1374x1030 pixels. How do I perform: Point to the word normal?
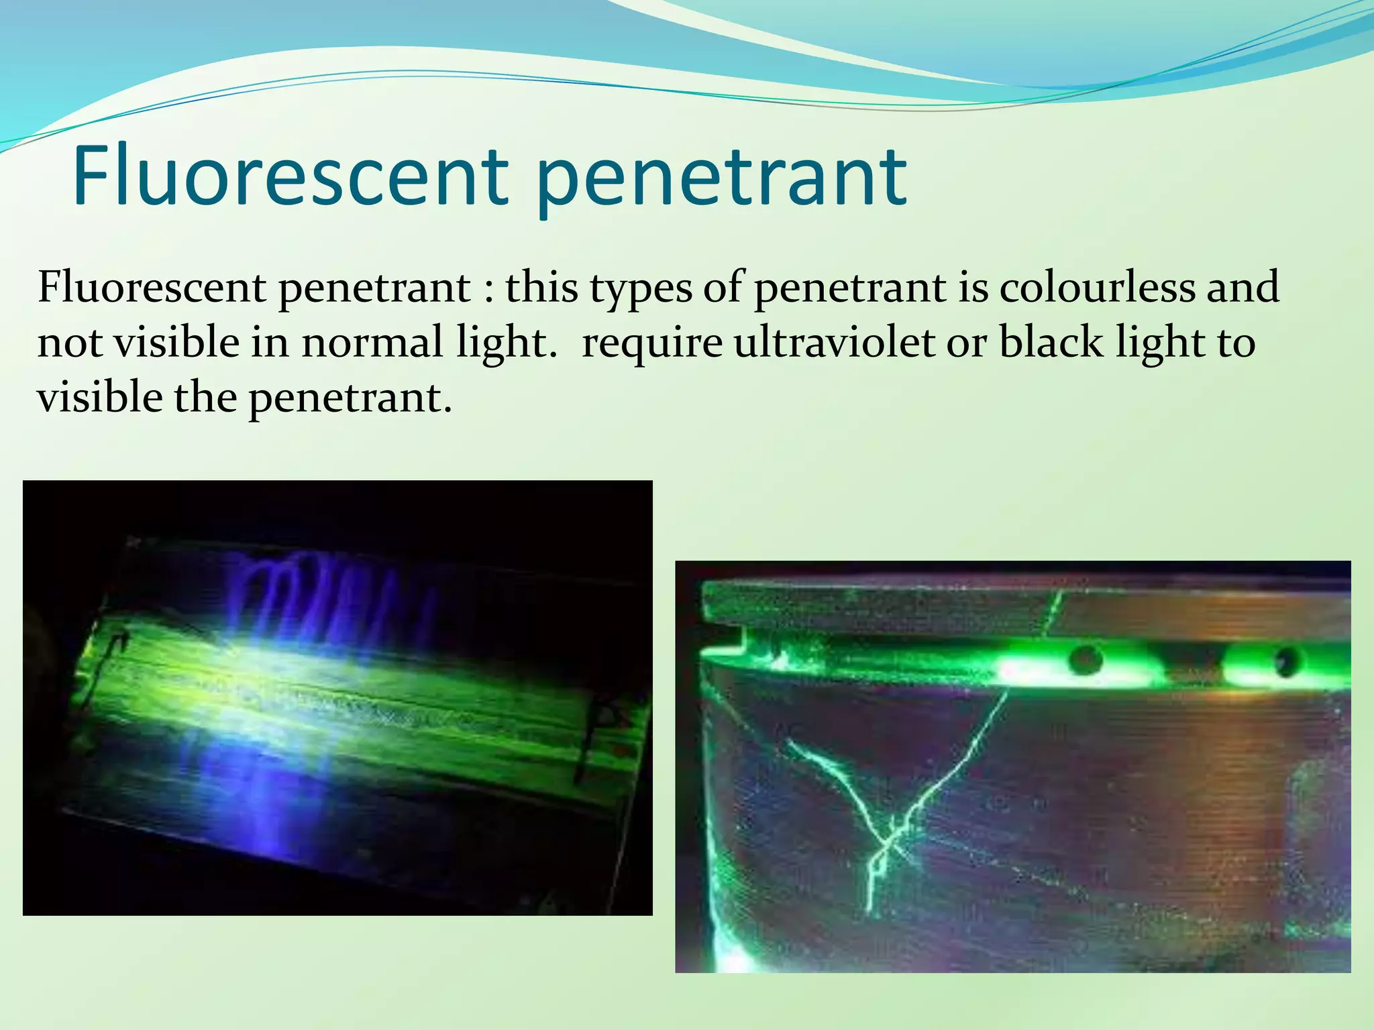(372, 342)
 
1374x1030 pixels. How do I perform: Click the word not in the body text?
(70, 342)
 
